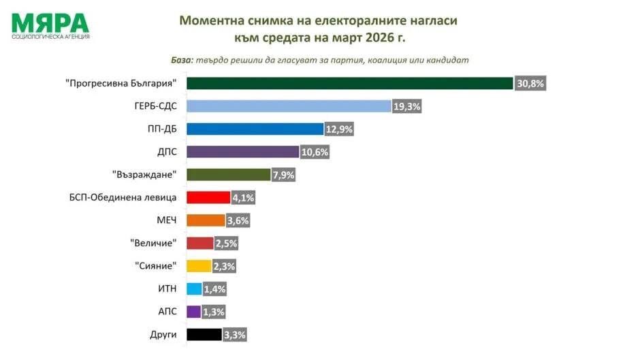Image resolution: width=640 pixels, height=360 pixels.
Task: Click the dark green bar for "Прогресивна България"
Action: (349, 83)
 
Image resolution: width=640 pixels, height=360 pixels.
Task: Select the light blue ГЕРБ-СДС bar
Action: (289, 106)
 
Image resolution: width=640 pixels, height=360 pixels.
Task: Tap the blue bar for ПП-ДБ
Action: (255, 129)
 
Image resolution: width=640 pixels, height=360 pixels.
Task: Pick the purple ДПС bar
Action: (243, 152)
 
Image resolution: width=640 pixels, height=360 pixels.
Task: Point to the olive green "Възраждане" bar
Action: (228, 175)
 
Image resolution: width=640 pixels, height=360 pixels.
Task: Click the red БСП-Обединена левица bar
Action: (208, 197)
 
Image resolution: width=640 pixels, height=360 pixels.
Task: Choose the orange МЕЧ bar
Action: (206, 220)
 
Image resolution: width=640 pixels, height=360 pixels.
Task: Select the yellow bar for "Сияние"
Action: (199, 266)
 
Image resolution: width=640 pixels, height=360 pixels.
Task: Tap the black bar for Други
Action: (204, 334)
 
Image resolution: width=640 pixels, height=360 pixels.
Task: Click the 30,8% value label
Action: (531, 84)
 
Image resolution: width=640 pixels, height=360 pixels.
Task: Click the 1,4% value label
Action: (214, 289)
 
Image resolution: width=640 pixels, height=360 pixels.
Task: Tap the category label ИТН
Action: (167, 289)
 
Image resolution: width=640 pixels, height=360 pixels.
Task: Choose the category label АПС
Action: (167, 312)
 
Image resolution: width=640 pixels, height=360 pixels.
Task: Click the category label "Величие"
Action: (153, 243)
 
